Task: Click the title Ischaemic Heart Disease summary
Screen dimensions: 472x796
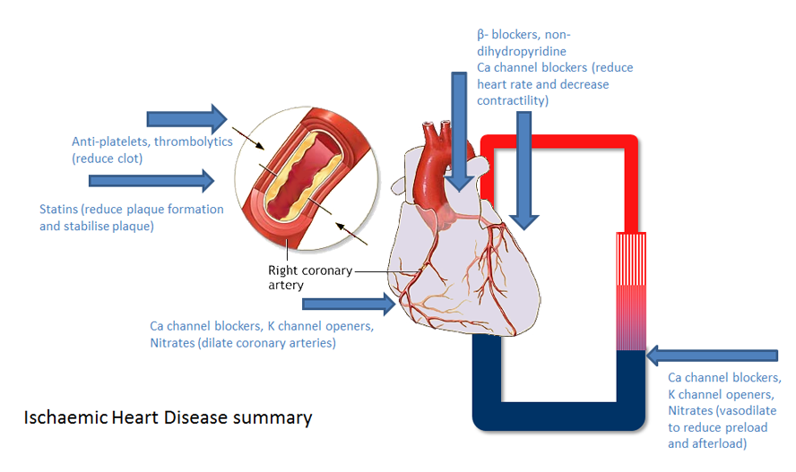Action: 168,417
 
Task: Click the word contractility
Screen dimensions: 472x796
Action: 513,101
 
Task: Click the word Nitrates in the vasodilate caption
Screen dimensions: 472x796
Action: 691,410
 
